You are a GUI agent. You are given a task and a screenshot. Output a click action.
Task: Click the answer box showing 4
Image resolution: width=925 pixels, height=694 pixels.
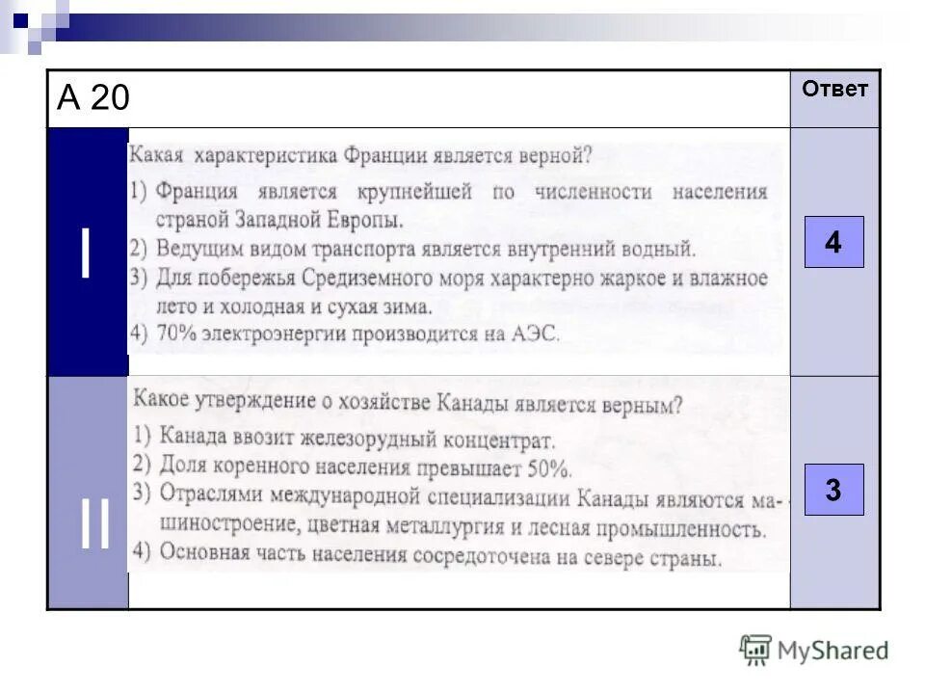click(x=833, y=242)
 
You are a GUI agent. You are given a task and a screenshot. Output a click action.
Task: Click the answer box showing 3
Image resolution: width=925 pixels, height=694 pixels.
click(x=833, y=490)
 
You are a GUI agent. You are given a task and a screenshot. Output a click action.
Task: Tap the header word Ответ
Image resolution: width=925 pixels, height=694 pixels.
click(x=834, y=90)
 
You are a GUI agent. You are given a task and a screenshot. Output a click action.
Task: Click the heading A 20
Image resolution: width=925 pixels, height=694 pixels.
click(x=93, y=98)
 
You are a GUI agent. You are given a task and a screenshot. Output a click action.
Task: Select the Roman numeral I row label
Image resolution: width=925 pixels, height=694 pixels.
click(x=87, y=253)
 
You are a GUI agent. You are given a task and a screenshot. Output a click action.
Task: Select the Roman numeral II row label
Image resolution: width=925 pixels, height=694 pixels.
click(x=94, y=528)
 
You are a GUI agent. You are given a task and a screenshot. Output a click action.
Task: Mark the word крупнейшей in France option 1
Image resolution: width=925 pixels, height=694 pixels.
click(x=415, y=192)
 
